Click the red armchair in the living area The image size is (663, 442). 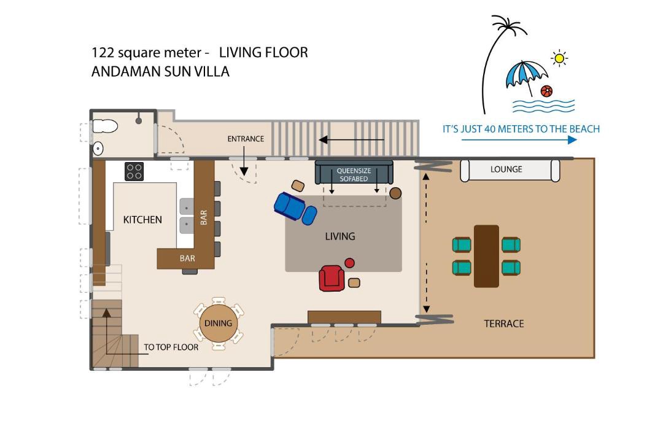[331, 278]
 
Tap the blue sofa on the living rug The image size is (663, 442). [295, 207]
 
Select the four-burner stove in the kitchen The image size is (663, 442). [134, 171]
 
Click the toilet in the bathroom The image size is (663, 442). [105, 126]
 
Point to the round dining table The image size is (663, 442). [218, 324]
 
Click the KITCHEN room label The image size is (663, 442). [142, 220]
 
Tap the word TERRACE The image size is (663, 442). [503, 324]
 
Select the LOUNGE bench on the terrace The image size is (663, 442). [510, 170]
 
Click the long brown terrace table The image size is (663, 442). [486, 257]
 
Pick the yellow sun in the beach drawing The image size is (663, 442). [559, 58]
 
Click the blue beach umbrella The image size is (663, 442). [525, 76]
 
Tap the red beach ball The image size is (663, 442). [546, 91]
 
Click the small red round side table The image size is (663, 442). [349, 263]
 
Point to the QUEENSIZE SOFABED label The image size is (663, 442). [354, 175]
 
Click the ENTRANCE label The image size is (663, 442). [246, 139]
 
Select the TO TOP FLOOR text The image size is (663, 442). [171, 347]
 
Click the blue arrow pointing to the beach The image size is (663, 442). [519, 139]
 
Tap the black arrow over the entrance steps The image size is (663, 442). [351, 139]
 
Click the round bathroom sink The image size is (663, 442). [98, 149]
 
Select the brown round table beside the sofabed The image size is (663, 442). [395, 193]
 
